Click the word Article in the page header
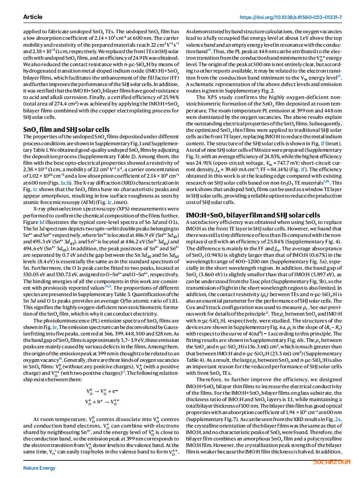pos(32,17)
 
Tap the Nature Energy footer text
pos(39,468)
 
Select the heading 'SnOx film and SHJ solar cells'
pos(66,130)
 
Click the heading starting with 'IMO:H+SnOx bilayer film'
pos(253,215)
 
